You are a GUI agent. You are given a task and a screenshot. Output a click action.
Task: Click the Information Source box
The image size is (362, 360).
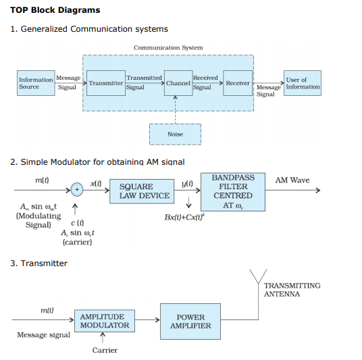36,83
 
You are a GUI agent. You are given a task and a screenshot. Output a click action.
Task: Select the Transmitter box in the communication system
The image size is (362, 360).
105,83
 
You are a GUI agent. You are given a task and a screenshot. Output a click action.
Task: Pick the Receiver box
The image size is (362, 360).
237,83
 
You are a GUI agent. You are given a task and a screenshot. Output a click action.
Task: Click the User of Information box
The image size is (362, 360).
303,83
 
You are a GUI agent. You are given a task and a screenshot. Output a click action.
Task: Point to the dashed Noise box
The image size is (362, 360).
175,134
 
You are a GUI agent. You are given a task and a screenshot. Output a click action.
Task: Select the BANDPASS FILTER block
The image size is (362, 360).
233,191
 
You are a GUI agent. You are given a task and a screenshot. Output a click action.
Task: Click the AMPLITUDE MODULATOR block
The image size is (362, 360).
104,321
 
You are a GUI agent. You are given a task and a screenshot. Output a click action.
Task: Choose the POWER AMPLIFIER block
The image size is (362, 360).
190,321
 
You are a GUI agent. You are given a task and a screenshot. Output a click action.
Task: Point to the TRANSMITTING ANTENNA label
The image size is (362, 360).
292,290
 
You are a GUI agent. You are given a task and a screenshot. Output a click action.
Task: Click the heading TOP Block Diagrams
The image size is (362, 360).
55,10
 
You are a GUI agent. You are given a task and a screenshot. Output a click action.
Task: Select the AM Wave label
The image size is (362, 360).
292,180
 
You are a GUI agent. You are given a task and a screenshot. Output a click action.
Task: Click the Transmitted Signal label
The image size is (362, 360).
145,82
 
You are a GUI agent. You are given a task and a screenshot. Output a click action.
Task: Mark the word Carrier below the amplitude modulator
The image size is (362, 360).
105,350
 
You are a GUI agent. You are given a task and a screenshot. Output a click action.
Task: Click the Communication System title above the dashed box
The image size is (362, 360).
167,48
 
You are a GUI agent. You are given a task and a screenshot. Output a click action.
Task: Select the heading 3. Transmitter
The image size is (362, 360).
38,263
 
